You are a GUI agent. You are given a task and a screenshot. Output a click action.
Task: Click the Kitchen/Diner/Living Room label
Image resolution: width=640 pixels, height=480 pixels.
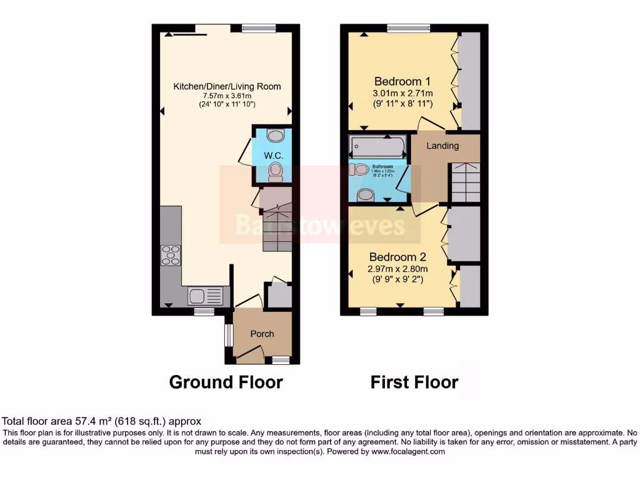click(x=227, y=86)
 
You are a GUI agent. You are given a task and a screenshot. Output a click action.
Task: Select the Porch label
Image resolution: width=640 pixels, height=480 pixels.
click(x=262, y=334)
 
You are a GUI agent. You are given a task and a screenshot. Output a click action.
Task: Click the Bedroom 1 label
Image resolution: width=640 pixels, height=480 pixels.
click(x=402, y=81)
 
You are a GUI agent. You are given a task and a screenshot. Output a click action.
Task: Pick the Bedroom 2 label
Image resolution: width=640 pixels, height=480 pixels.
click(x=397, y=257)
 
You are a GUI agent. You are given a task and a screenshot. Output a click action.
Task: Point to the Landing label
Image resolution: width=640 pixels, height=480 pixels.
click(x=442, y=146)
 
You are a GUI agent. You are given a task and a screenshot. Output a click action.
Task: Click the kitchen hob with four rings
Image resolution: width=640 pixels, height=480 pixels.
click(x=171, y=254)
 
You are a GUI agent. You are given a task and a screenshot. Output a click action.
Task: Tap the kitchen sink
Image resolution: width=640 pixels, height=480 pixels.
click(x=204, y=295)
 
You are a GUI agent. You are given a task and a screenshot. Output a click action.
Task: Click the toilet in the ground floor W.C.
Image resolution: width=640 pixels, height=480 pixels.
click(x=275, y=172)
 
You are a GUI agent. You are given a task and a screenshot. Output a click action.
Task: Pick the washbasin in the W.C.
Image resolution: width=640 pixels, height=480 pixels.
click(x=275, y=134)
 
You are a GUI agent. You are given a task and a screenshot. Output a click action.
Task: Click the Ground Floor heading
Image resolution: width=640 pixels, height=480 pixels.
click(x=226, y=382)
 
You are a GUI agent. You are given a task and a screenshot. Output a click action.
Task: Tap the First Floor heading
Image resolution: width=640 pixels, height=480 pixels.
click(x=414, y=382)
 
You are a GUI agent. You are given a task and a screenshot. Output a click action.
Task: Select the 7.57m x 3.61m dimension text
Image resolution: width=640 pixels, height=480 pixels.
click(x=227, y=96)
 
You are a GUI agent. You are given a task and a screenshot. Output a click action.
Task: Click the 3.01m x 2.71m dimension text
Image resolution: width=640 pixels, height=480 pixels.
click(x=402, y=93)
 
